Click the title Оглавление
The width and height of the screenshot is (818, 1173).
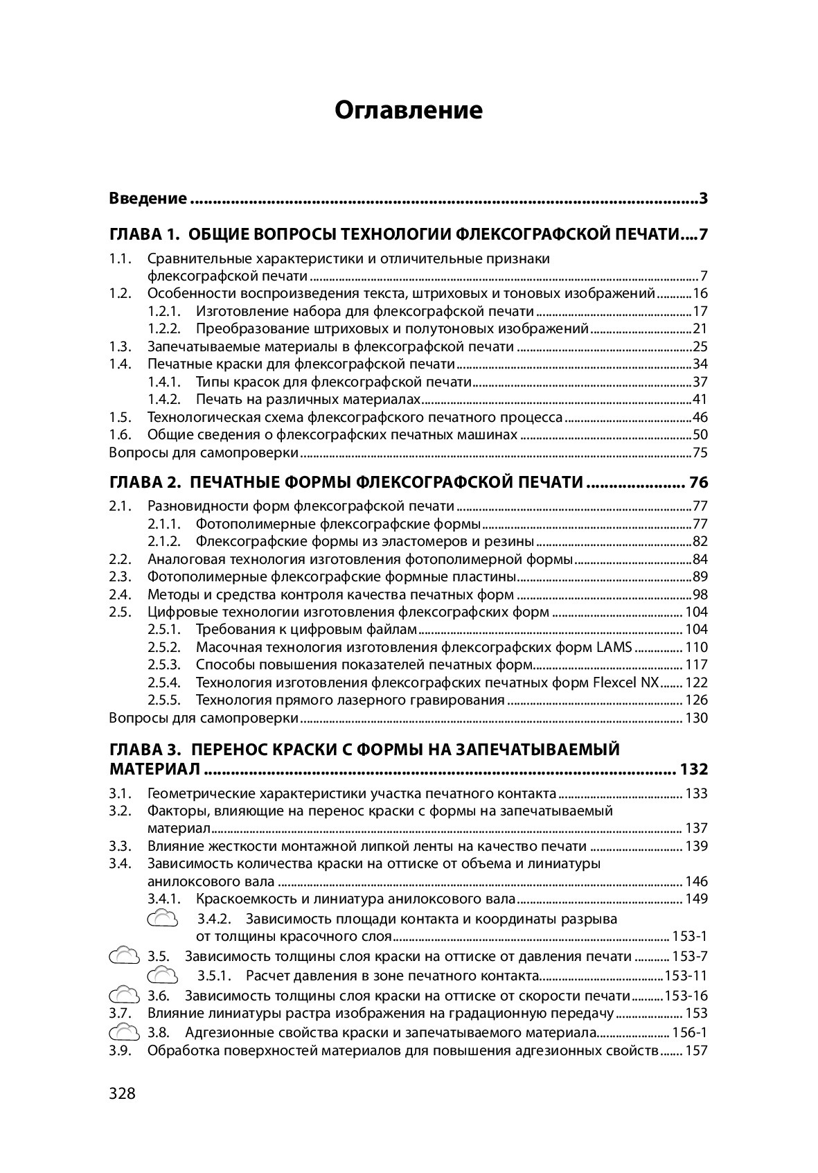(409, 110)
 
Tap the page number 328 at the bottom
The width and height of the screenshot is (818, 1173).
(122, 1093)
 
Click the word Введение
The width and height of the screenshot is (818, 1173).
(148, 199)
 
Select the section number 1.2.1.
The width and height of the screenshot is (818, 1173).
(164, 311)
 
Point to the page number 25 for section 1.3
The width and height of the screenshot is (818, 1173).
(700, 346)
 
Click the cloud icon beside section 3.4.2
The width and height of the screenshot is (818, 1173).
(163, 919)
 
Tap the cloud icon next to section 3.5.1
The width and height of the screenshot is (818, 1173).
(163, 976)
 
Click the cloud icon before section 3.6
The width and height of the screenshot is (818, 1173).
(125, 996)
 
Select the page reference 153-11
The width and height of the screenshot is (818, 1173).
(686, 976)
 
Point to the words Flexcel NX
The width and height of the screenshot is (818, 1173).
(626, 682)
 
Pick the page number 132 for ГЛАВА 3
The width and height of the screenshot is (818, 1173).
(694, 770)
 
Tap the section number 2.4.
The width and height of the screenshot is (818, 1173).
(120, 594)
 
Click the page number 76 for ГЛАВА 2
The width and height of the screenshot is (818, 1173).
(697, 482)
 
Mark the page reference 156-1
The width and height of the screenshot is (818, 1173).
(690, 1032)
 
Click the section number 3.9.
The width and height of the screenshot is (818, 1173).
(120, 1050)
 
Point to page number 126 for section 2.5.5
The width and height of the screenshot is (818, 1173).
(697, 700)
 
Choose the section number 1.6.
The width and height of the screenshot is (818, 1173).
(120, 434)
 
